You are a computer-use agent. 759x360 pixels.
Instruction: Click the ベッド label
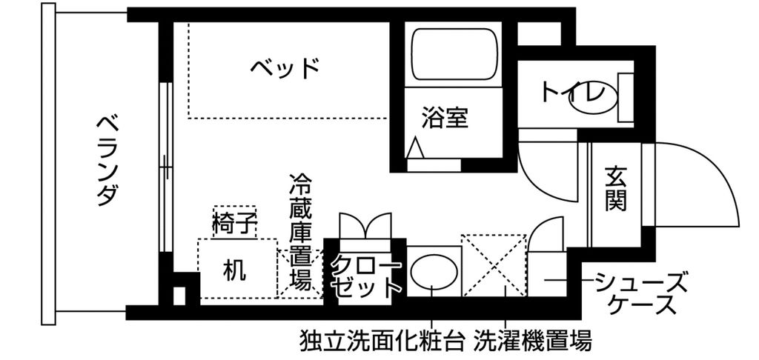click(x=285, y=68)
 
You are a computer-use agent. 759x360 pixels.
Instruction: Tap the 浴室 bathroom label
click(x=445, y=118)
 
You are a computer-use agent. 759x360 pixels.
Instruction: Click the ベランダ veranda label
click(x=107, y=159)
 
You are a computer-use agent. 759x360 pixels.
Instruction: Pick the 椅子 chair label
click(x=234, y=223)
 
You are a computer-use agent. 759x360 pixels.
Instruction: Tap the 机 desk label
click(x=235, y=270)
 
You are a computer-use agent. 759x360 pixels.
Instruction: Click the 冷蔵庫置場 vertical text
click(x=300, y=233)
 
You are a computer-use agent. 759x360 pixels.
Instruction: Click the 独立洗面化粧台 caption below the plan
click(x=382, y=341)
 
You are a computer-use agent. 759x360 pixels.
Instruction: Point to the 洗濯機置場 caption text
click(x=533, y=341)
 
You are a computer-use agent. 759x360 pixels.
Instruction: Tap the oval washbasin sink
click(x=433, y=273)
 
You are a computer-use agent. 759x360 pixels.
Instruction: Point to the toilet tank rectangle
click(x=626, y=96)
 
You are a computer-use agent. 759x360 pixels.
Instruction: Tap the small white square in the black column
click(x=179, y=294)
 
